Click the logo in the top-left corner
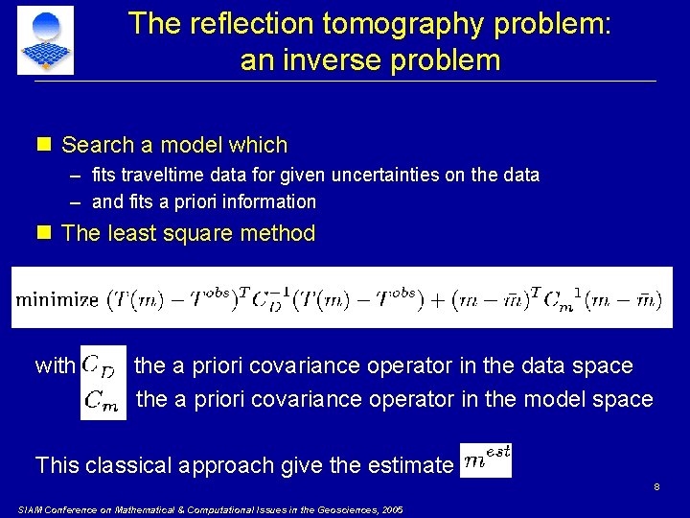pos(45,39)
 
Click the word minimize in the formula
pos(57,299)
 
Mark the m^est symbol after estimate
pos(486,459)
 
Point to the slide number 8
pos(656,487)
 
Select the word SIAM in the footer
pos(32,509)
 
